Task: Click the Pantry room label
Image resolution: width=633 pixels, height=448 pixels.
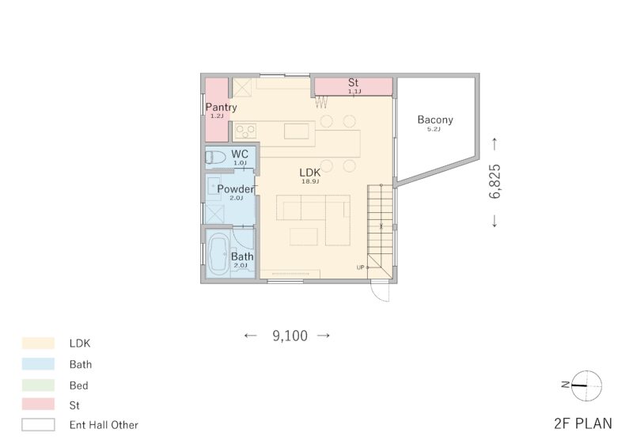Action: point(222,107)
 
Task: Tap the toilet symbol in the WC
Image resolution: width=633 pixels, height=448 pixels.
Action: point(215,158)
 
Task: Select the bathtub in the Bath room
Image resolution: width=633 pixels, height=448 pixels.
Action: point(218,254)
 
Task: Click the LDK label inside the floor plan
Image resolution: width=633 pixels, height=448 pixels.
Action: point(310,173)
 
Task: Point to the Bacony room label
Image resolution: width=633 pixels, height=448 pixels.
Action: point(435,120)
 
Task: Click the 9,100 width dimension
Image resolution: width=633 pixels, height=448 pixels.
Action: point(290,336)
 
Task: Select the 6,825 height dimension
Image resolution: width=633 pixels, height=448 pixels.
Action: point(495,181)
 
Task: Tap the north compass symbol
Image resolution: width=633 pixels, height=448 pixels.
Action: point(586,385)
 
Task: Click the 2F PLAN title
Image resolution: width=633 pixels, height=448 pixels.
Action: point(583,423)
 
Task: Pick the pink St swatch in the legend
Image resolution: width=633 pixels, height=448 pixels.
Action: point(38,404)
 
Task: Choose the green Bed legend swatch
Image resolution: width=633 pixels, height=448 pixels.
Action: point(38,385)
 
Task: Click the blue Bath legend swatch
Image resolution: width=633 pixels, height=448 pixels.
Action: point(38,364)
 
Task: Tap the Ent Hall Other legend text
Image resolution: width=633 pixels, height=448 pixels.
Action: point(104,425)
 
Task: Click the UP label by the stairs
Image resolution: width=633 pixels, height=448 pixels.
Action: point(361,268)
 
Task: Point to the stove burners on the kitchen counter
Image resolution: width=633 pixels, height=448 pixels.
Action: point(246,131)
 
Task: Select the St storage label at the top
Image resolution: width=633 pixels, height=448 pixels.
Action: point(353,82)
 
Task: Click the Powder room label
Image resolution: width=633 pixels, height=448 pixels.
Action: point(236,188)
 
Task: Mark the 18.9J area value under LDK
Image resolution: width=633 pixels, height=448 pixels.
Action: point(310,182)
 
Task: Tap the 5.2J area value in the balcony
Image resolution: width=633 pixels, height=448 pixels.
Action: point(434,129)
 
